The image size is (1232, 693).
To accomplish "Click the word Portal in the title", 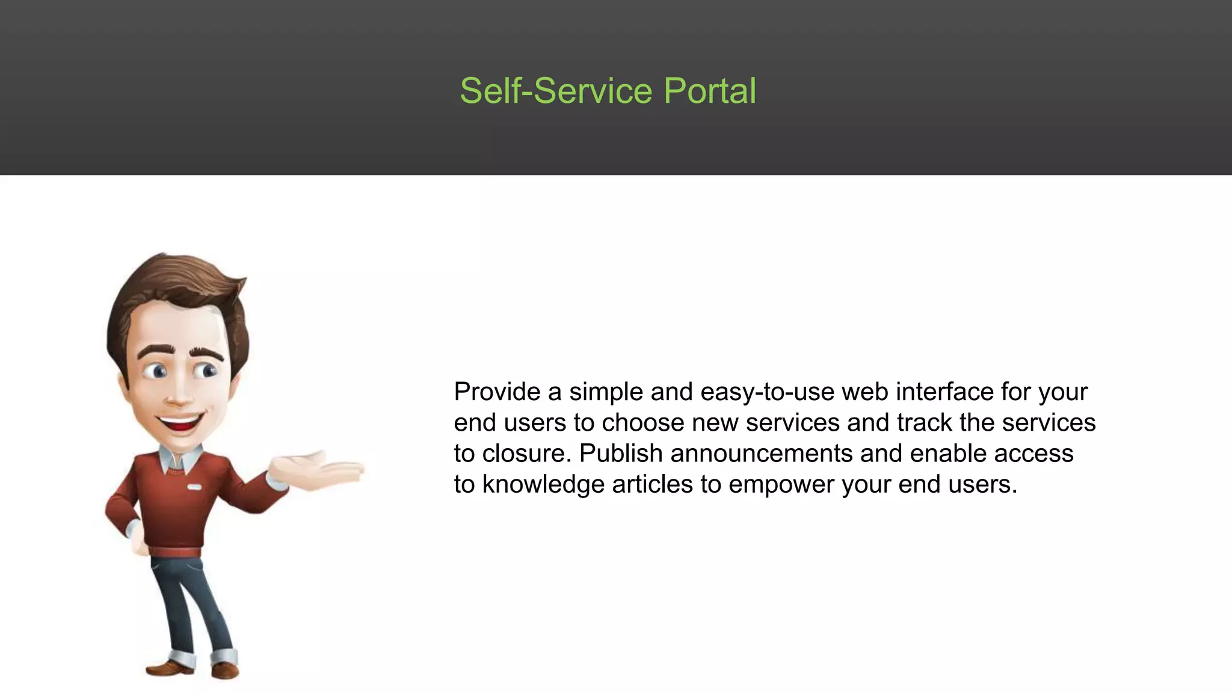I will click(710, 91).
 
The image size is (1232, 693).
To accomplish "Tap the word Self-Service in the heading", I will click(556, 91).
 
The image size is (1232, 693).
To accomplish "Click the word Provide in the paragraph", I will click(497, 392).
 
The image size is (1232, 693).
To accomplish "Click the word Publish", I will click(621, 454).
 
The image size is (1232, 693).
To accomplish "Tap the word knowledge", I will click(543, 485).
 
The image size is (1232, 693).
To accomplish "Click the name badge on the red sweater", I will click(194, 487).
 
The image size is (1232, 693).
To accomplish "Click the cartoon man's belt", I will click(175, 552).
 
